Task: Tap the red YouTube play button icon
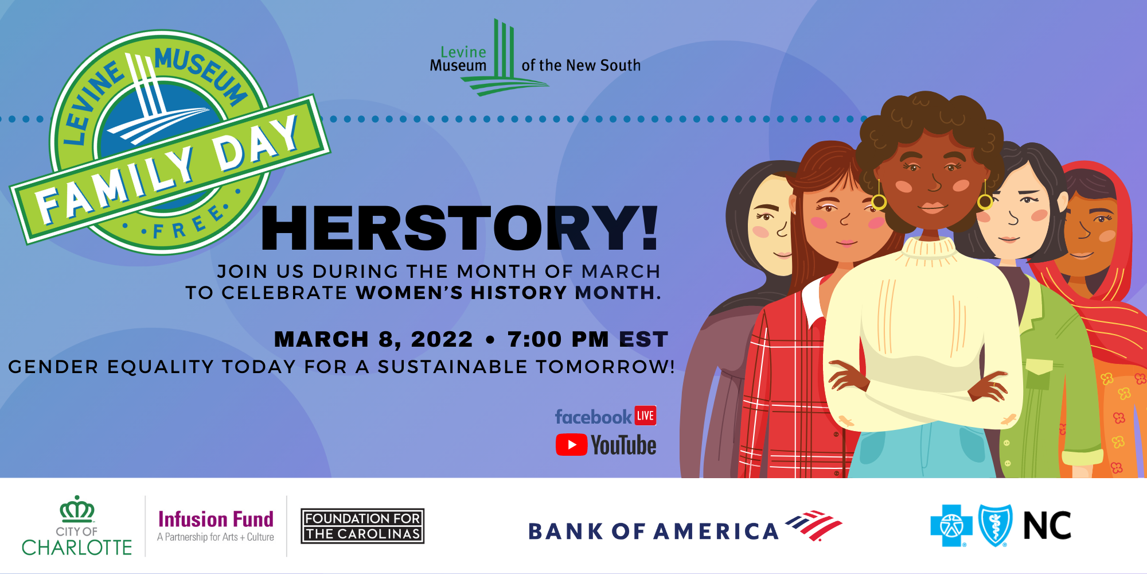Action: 571,445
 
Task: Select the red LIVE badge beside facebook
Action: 645,416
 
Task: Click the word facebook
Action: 593,417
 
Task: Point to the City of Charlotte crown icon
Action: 77,509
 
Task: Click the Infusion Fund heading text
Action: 216,519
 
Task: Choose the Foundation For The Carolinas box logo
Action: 362,526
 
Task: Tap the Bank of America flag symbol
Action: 814,525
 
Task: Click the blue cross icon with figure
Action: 951,525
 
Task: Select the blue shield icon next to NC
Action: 995,525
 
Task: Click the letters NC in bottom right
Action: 1047,526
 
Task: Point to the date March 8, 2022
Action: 373,339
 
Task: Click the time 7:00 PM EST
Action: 588,339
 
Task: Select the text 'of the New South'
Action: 581,65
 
